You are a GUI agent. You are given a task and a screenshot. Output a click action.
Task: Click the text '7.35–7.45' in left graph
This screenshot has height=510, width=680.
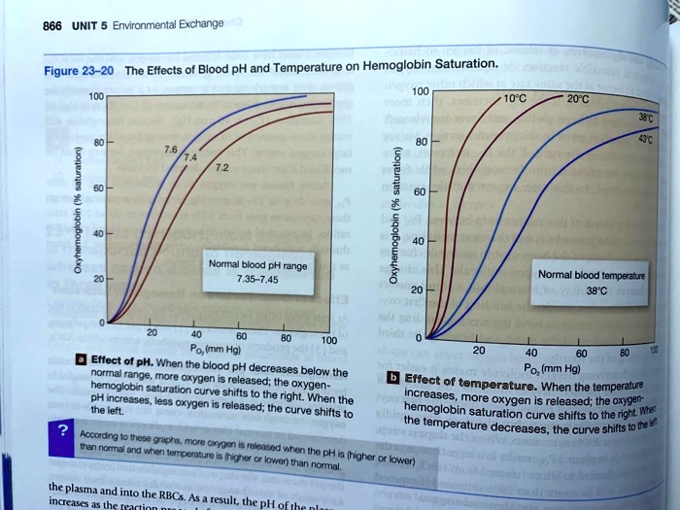[x=246, y=279]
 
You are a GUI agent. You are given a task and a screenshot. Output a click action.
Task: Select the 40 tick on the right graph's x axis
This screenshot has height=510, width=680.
[x=529, y=352]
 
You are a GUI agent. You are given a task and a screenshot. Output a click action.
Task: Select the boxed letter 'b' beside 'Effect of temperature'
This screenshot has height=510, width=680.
[x=393, y=375]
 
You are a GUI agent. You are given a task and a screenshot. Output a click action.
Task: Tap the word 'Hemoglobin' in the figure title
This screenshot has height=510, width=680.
[x=402, y=66]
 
